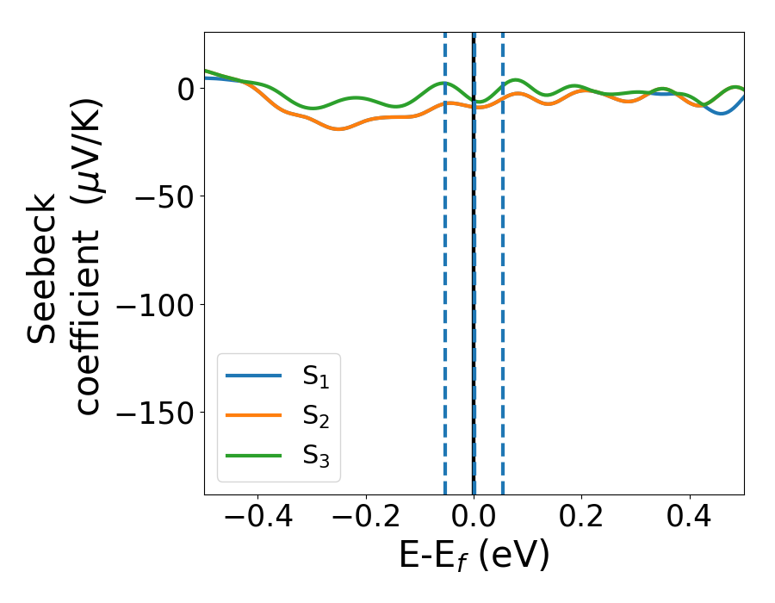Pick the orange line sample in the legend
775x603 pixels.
pyautogui.click(x=253, y=415)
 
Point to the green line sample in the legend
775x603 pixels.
pyautogui.click(x=253, y=455)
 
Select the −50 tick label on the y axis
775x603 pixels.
pyautogui.click(x=160, y=196)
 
